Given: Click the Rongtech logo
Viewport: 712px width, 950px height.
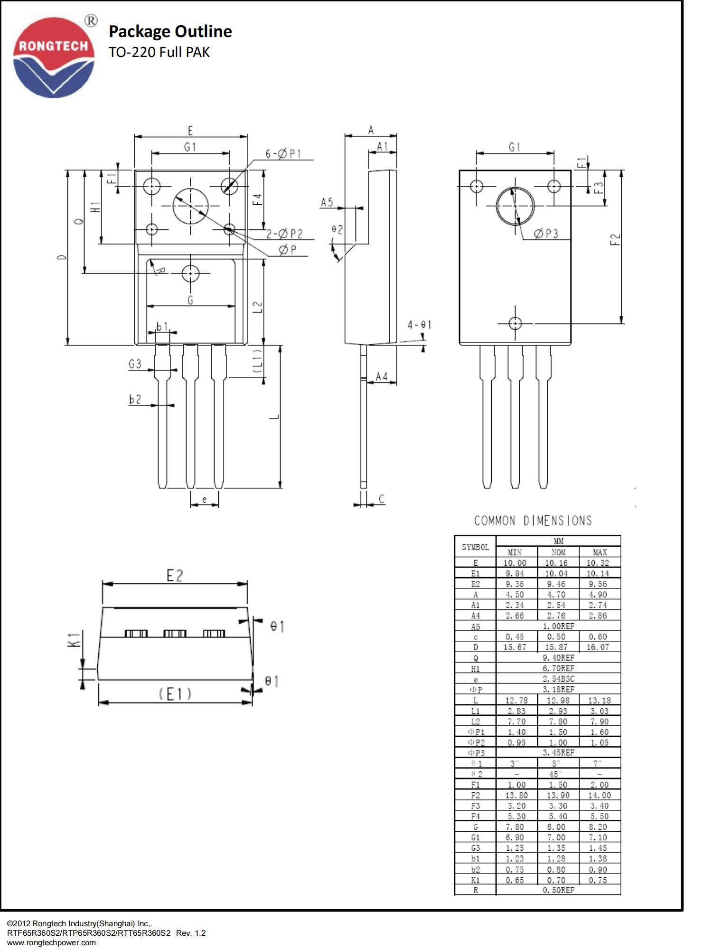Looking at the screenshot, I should tap(54, 57).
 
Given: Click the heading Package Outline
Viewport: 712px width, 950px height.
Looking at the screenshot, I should tap(170, 31).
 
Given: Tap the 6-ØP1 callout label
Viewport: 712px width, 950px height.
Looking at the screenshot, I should tap(283, 154).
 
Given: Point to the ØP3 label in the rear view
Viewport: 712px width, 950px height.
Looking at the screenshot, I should tap(546, 233).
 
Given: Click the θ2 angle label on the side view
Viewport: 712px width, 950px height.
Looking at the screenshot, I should tap(337, 229).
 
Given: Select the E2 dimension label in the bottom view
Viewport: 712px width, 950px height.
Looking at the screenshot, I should tap(175, 576).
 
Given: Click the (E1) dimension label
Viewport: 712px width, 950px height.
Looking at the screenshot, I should tap(175, 694).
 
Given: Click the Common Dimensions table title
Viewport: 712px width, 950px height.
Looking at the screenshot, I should tap(533, 521).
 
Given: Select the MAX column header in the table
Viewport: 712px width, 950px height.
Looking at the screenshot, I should tap(600, 552).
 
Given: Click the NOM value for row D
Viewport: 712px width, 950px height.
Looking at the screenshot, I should tap(556, 647).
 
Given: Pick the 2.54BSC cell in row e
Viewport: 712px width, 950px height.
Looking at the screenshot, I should tap(558, 679).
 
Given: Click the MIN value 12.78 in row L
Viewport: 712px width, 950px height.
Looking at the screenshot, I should tap(516, 700).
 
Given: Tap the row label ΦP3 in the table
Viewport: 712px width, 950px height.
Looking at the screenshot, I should tap(476, 753).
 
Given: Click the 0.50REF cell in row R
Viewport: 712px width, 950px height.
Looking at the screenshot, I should tap(558, 890).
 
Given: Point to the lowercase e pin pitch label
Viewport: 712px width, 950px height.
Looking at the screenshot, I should tap(205, 500).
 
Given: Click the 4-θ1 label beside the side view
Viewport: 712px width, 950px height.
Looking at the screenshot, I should tap(419, 325).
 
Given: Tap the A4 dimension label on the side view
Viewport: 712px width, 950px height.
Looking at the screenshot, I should tap(382, 377).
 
